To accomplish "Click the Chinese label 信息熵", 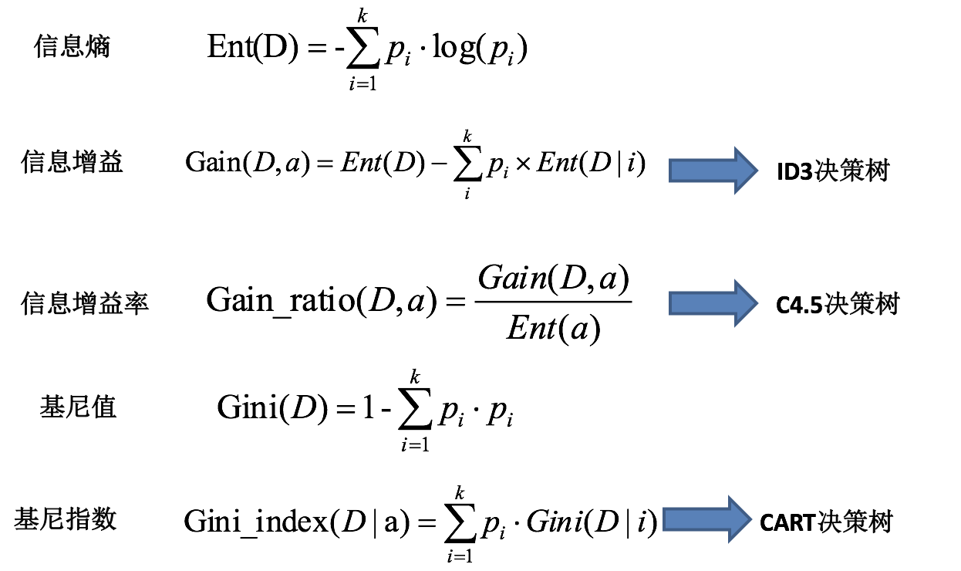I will [72, 47].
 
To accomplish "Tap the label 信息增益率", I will [85, 303].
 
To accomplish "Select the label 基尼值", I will [78, 407].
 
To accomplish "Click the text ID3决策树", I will [832, 171].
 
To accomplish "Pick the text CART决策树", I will [825, 522].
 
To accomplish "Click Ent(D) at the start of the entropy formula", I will [252, 48].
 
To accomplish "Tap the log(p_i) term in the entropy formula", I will [479, 49].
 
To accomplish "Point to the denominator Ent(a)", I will [553, 329].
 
